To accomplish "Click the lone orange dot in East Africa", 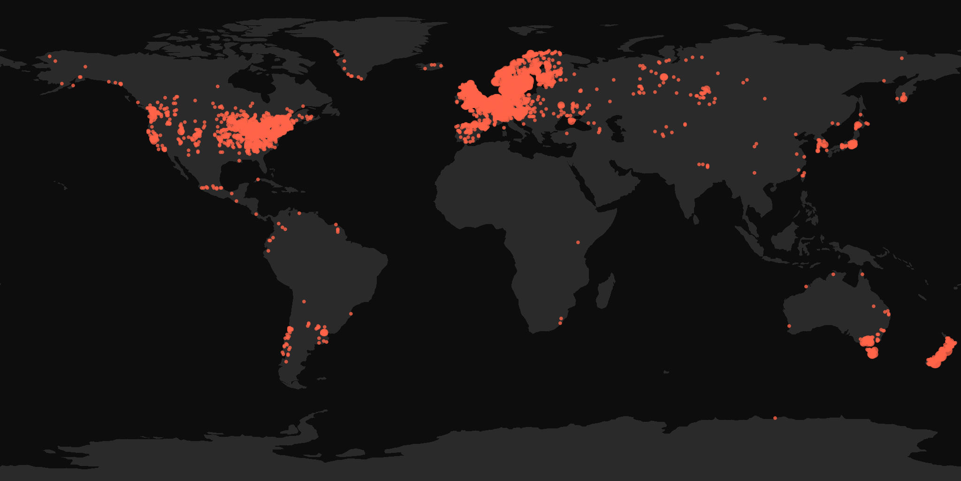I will (578, 242).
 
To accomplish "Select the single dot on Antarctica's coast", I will (775, 418).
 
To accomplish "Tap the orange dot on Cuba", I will (258, 179).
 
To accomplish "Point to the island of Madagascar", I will (605, 291).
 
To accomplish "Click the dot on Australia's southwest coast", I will (789, 326).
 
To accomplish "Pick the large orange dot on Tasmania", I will (872, 353).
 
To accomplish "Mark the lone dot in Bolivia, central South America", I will (304, 302).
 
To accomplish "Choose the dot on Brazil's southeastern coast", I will (351, 314).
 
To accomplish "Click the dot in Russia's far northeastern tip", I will (902, 58).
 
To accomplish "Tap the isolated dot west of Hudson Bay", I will (218, 86).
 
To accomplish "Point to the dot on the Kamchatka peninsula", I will (903, 98).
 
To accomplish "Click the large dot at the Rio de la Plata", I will (324, 333).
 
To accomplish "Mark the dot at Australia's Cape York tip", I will (862, 274).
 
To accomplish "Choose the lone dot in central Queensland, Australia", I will (874, 306).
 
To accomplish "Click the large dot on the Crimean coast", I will (571, 121).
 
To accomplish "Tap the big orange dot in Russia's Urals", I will (664, 77).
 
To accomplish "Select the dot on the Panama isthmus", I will (256, 214).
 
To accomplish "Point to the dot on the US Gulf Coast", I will (239, 161).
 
